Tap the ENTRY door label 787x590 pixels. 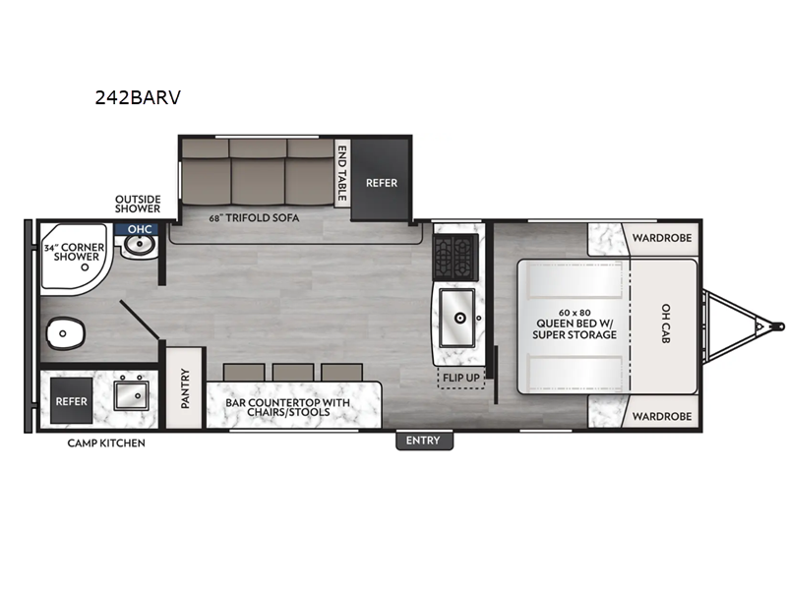423,441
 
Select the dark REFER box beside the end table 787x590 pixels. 381,182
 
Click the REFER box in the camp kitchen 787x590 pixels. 71,401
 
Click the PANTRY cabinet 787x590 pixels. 184,388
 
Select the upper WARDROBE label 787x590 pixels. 660,237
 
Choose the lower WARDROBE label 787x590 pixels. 660,416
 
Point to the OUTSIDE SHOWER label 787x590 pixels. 137,203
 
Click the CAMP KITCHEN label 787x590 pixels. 106,443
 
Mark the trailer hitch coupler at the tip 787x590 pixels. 777,324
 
